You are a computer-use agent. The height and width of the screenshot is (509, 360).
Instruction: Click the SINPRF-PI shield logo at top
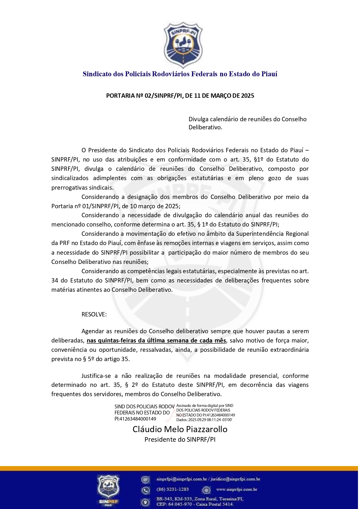[183, 45]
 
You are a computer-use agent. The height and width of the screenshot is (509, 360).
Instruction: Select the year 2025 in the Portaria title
[247, 96]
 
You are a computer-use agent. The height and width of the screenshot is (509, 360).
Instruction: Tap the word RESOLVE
[94, 314]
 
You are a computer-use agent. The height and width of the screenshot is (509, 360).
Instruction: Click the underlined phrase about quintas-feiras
[156, 340]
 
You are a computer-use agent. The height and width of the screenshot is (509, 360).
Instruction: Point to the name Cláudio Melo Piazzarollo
[180, 429]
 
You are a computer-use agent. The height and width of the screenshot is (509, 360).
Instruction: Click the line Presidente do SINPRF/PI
[180, 439]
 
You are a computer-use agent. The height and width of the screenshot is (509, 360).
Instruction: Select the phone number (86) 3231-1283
[173, 489]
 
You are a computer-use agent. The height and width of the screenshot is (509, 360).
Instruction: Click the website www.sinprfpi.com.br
[237, 490]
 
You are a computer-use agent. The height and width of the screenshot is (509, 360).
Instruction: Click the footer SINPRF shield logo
[108, 490]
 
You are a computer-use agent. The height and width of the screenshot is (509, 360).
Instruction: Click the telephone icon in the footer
[145, 490]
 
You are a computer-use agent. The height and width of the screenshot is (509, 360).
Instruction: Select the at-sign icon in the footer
[145, 480]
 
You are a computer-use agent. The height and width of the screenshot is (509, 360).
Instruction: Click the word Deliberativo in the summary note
[205, 127]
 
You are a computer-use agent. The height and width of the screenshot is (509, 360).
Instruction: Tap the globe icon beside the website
[206, 490]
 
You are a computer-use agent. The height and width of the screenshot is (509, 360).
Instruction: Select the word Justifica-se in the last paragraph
[96, 376]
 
